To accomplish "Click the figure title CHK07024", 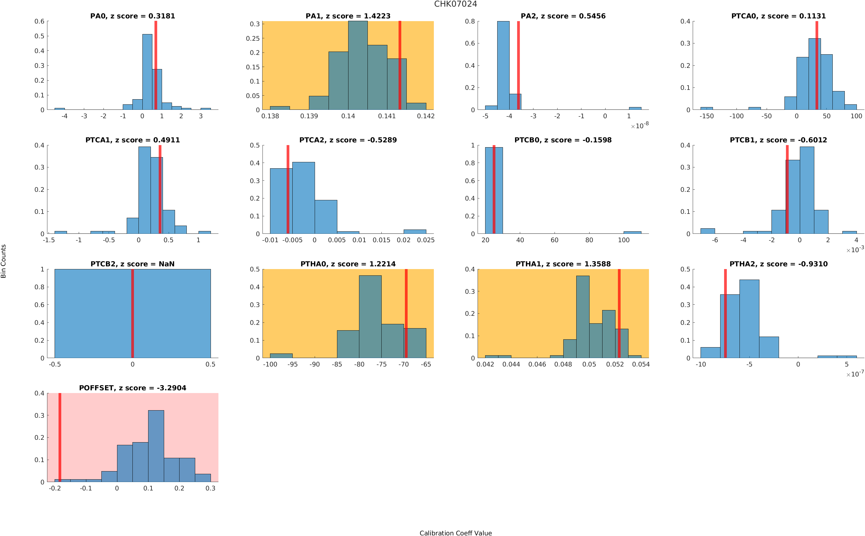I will point(455,4).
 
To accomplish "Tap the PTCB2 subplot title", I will point(132,264).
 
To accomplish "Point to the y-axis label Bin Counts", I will point(4,261).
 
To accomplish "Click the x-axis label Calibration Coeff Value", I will point(455,532).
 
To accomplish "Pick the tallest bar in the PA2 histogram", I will point(503,65).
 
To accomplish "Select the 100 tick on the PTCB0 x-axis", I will point(624,240).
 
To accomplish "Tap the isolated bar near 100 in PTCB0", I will point(632,232).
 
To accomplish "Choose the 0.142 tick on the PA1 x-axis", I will point(425,116).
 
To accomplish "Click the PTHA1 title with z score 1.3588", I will point(563,264).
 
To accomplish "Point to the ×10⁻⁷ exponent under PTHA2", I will point(855,374).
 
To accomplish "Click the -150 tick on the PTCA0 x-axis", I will point(706,116).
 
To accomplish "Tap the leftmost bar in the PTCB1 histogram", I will point(708,231).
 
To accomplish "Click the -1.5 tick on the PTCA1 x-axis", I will point(49,240).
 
